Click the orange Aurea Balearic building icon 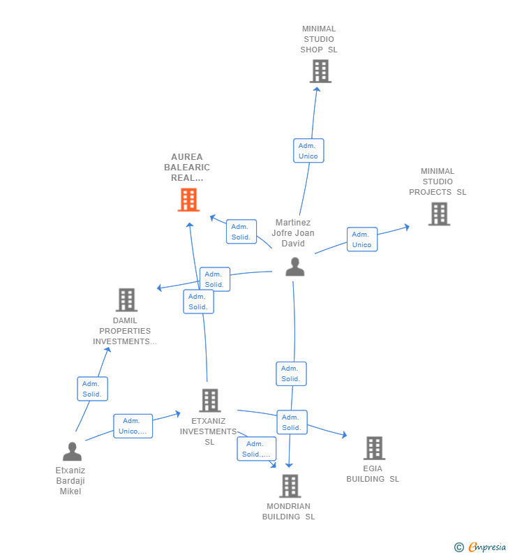pos(188,200)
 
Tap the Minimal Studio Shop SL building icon pos(320,71)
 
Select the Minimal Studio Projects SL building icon pos(440,214)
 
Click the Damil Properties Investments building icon pos(126,299)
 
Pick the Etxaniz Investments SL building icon pos(210,400)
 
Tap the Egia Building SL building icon pos(374,447)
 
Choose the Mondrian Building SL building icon pos(290,486)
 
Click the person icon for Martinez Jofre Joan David pos(295,267)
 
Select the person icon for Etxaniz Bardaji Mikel pos(72,451)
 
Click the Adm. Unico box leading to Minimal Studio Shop pos(308,151)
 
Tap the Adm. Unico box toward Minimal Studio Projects pos(362,239)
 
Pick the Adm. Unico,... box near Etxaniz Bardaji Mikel pos(133,426)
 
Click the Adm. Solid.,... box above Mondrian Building pos(257,449)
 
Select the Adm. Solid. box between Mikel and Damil pos(92,389)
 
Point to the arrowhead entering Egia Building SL pos(344,435)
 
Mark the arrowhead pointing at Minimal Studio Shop pos(317,89)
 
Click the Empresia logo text pos(487,547)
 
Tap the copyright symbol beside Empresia pos(459,547)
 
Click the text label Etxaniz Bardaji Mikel pos(70,481)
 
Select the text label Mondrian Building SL pos(289,512)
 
